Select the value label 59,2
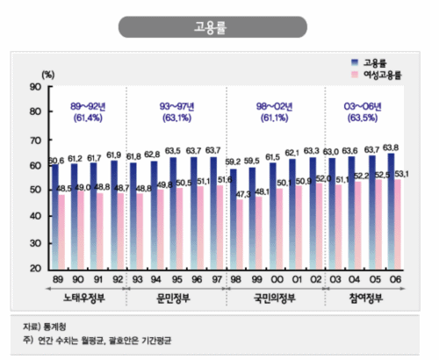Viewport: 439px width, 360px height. (x=234, y=162)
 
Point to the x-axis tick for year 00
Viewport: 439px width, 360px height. (x=274, y=278)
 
